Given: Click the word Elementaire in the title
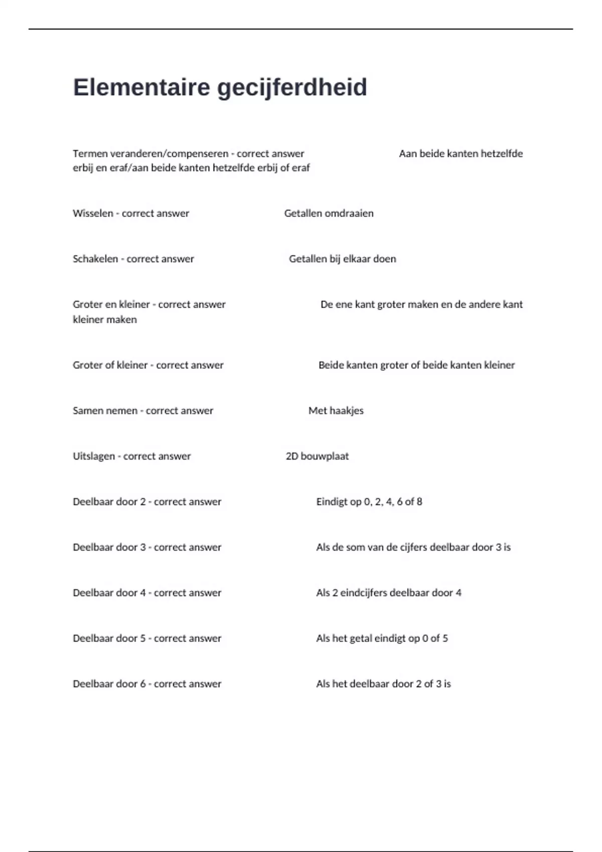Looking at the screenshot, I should (x=141, y=87).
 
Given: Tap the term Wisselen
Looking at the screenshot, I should (x=93, y=214).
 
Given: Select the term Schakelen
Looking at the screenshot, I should (x=95, y=259).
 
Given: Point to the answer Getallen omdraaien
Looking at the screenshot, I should (x=329, y=214).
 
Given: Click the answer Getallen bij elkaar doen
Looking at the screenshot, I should (x=342, y=259).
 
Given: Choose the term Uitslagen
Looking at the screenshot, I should (x=94, y=457).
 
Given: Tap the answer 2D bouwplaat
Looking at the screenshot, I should (x=317, y=457).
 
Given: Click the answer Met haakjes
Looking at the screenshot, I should (x=336, y=411).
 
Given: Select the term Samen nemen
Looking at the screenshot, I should (x=105, y=411).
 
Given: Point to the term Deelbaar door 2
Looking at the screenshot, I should (x=109, y=502).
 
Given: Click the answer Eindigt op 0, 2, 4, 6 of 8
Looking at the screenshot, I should (x=369, y=502).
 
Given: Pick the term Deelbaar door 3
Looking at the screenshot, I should (x=109, y=548).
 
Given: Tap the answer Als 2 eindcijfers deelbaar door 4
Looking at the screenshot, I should (x=388, y=593).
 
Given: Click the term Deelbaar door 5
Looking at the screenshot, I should (x=109, y=638).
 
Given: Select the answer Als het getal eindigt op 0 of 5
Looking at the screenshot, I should (x=382, y=638).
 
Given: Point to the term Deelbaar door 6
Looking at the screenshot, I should (x=109, y=684).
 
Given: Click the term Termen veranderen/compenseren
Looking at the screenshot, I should (x=150, y=154).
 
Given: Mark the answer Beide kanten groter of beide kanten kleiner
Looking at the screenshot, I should (x=416, y=365).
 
